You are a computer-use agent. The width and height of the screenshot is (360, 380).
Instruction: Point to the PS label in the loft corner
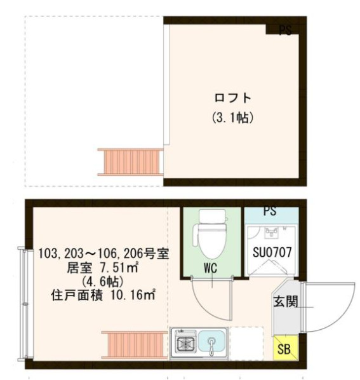285,31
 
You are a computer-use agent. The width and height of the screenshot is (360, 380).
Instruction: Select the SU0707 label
272,252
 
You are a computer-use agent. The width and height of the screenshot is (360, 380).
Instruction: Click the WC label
211,268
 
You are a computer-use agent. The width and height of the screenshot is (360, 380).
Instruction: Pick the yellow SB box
283,348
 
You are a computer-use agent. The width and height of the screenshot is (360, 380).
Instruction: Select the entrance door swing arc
326,305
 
